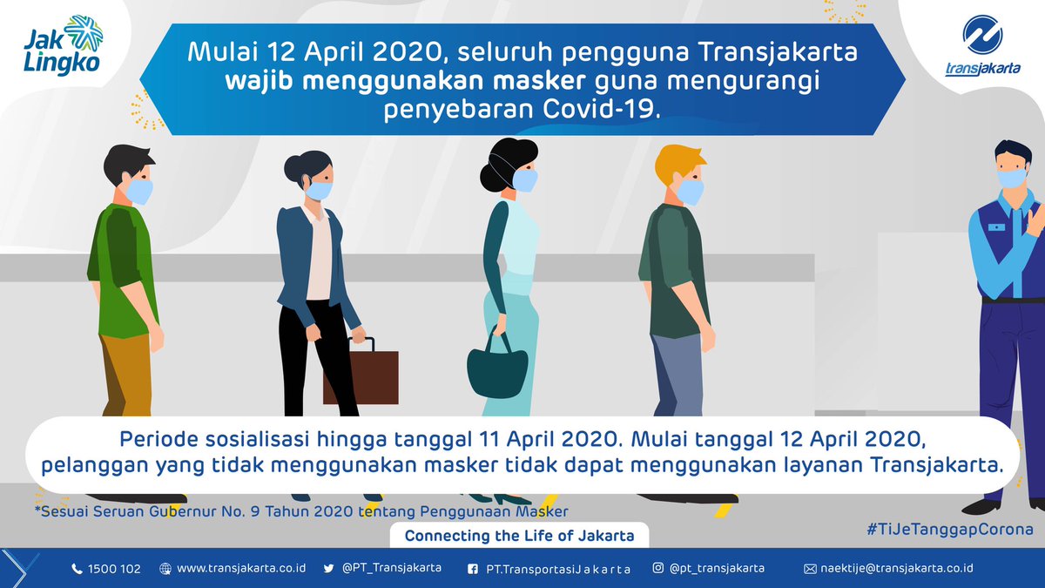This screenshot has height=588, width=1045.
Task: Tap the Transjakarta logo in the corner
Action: click(981, 49)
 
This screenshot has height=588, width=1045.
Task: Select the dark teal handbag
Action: click(497, 368)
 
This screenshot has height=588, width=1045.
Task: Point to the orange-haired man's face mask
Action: click(690, 191)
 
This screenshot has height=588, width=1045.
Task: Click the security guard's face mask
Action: click(1011, 178)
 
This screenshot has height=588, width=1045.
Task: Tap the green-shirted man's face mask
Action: click(138, 189)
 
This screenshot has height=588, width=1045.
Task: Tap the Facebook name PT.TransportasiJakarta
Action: click(557, 569)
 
